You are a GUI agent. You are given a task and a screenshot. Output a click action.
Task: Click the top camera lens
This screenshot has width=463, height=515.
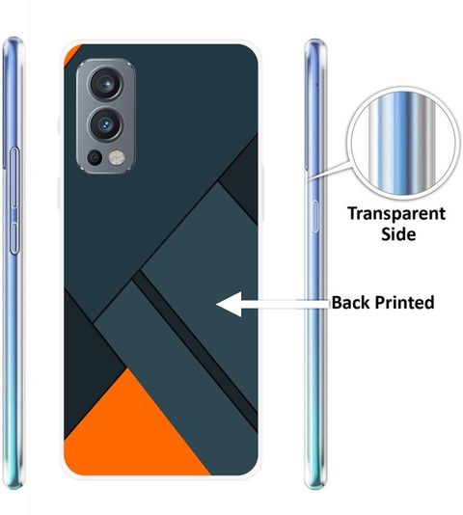106,84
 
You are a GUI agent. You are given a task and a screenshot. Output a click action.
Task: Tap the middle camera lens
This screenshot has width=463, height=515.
106,124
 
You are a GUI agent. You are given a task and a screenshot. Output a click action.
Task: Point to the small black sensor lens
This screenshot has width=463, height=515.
95,157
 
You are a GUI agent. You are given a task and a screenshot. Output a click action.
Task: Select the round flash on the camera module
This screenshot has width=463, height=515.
117,157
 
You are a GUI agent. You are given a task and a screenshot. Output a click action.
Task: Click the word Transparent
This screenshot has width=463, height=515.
396,214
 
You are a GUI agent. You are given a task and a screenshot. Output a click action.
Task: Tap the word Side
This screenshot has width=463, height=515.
398,234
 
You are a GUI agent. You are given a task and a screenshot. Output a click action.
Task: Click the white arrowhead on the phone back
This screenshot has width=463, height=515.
230,304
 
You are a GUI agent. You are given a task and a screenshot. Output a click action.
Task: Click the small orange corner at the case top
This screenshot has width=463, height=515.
70,53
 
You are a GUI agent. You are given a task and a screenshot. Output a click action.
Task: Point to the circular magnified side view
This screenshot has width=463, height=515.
403,143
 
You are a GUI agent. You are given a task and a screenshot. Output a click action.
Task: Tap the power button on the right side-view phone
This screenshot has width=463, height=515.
315,216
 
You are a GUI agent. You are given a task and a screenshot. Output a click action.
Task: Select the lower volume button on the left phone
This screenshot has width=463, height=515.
14,238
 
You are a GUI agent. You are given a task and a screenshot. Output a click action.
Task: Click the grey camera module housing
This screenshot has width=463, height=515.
106,117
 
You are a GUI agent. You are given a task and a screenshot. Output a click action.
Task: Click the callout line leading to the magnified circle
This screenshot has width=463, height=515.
329,171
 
